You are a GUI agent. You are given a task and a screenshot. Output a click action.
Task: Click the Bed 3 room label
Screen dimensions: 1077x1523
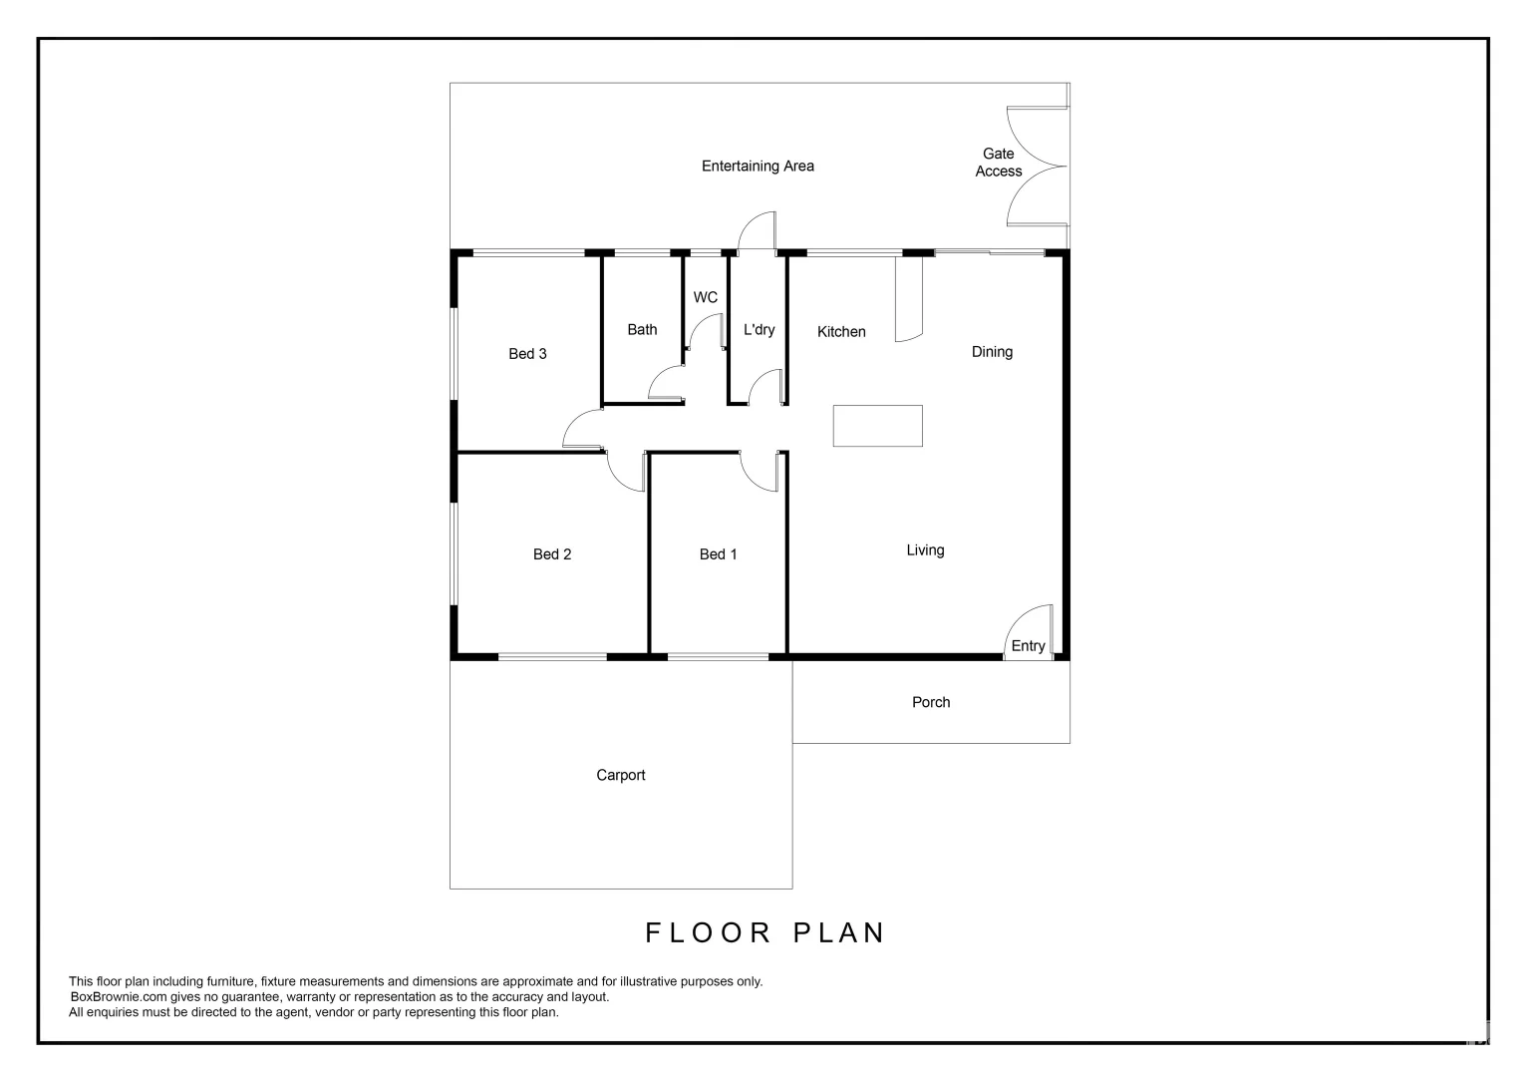(527, 354)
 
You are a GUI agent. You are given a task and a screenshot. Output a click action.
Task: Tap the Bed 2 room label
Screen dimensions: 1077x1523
(552, 554)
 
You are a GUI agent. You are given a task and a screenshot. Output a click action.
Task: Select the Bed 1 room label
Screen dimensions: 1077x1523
(718, 554)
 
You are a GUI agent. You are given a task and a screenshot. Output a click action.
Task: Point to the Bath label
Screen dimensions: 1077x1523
(642, 330)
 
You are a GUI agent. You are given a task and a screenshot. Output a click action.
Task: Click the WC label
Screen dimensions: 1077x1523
(705, 298)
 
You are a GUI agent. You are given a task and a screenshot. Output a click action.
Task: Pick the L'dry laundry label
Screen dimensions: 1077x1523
(759, 330)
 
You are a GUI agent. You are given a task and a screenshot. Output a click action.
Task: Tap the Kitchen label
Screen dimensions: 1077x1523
(841, 332)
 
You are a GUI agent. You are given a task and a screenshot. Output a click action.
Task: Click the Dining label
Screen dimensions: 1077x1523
(992, 352)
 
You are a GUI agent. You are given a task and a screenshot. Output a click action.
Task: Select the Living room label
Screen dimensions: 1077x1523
(925, 550)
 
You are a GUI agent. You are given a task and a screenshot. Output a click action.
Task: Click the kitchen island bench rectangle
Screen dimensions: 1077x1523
(877, 426)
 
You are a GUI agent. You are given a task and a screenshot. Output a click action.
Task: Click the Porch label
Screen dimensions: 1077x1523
(931, 703)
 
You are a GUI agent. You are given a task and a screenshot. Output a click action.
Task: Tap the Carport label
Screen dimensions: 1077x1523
(620, 776)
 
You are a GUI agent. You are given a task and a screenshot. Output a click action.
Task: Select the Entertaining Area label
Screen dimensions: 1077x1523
(758, 167)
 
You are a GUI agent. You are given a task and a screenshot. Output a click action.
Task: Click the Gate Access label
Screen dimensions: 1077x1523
(999, 163)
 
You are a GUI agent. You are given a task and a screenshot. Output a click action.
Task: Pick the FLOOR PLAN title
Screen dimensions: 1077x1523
(765, 933)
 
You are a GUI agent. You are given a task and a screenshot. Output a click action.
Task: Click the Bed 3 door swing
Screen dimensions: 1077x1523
(583, 431)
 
